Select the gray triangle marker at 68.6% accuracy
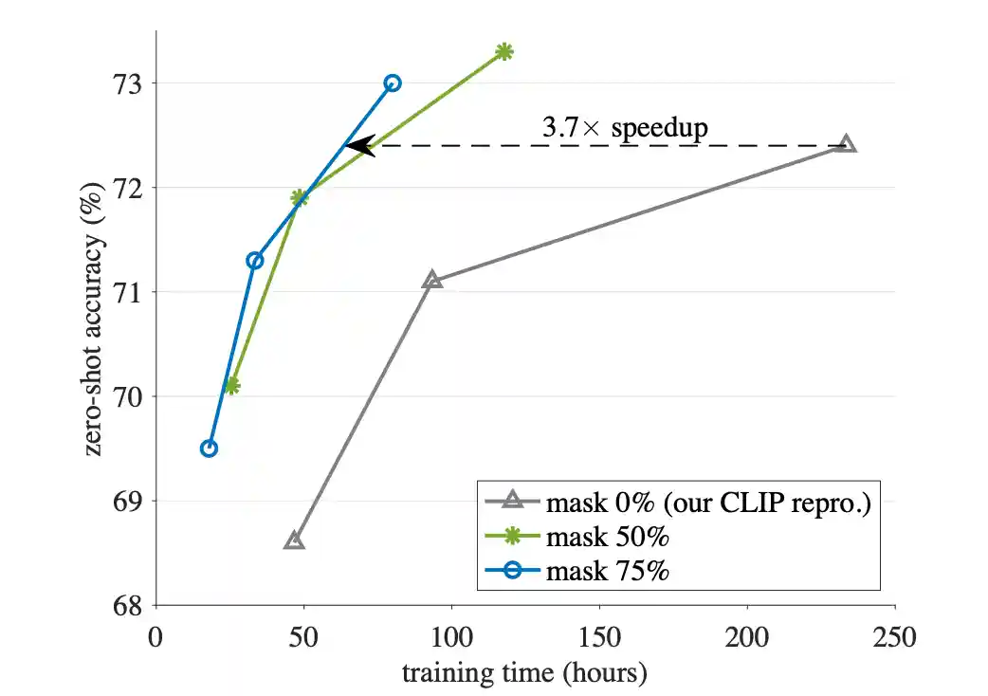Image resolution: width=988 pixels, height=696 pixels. pos(294,540)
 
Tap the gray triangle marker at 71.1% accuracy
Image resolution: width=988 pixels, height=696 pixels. pos(432,280)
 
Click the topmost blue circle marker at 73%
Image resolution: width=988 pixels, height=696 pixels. pos(393,83)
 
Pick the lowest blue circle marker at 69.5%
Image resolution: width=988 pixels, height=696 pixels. pos(209,449)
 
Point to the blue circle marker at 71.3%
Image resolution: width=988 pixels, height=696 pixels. pos(254,261)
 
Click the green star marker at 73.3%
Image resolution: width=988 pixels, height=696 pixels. pos(504,51)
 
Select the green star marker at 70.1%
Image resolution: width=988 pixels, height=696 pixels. pos(232,386)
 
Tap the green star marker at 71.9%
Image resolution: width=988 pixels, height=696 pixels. pos(300,198)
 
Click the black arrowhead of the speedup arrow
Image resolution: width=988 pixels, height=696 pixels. pos(357,145)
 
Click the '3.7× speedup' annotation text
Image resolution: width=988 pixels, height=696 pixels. pos(625,128)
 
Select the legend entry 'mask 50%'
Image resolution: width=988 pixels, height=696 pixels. pos(608,536)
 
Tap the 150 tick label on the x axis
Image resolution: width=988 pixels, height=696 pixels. pos(599,635)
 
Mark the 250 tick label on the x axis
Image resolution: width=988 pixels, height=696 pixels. pos(895,635)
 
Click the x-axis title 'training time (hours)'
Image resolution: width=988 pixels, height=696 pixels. pos(524,673)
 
